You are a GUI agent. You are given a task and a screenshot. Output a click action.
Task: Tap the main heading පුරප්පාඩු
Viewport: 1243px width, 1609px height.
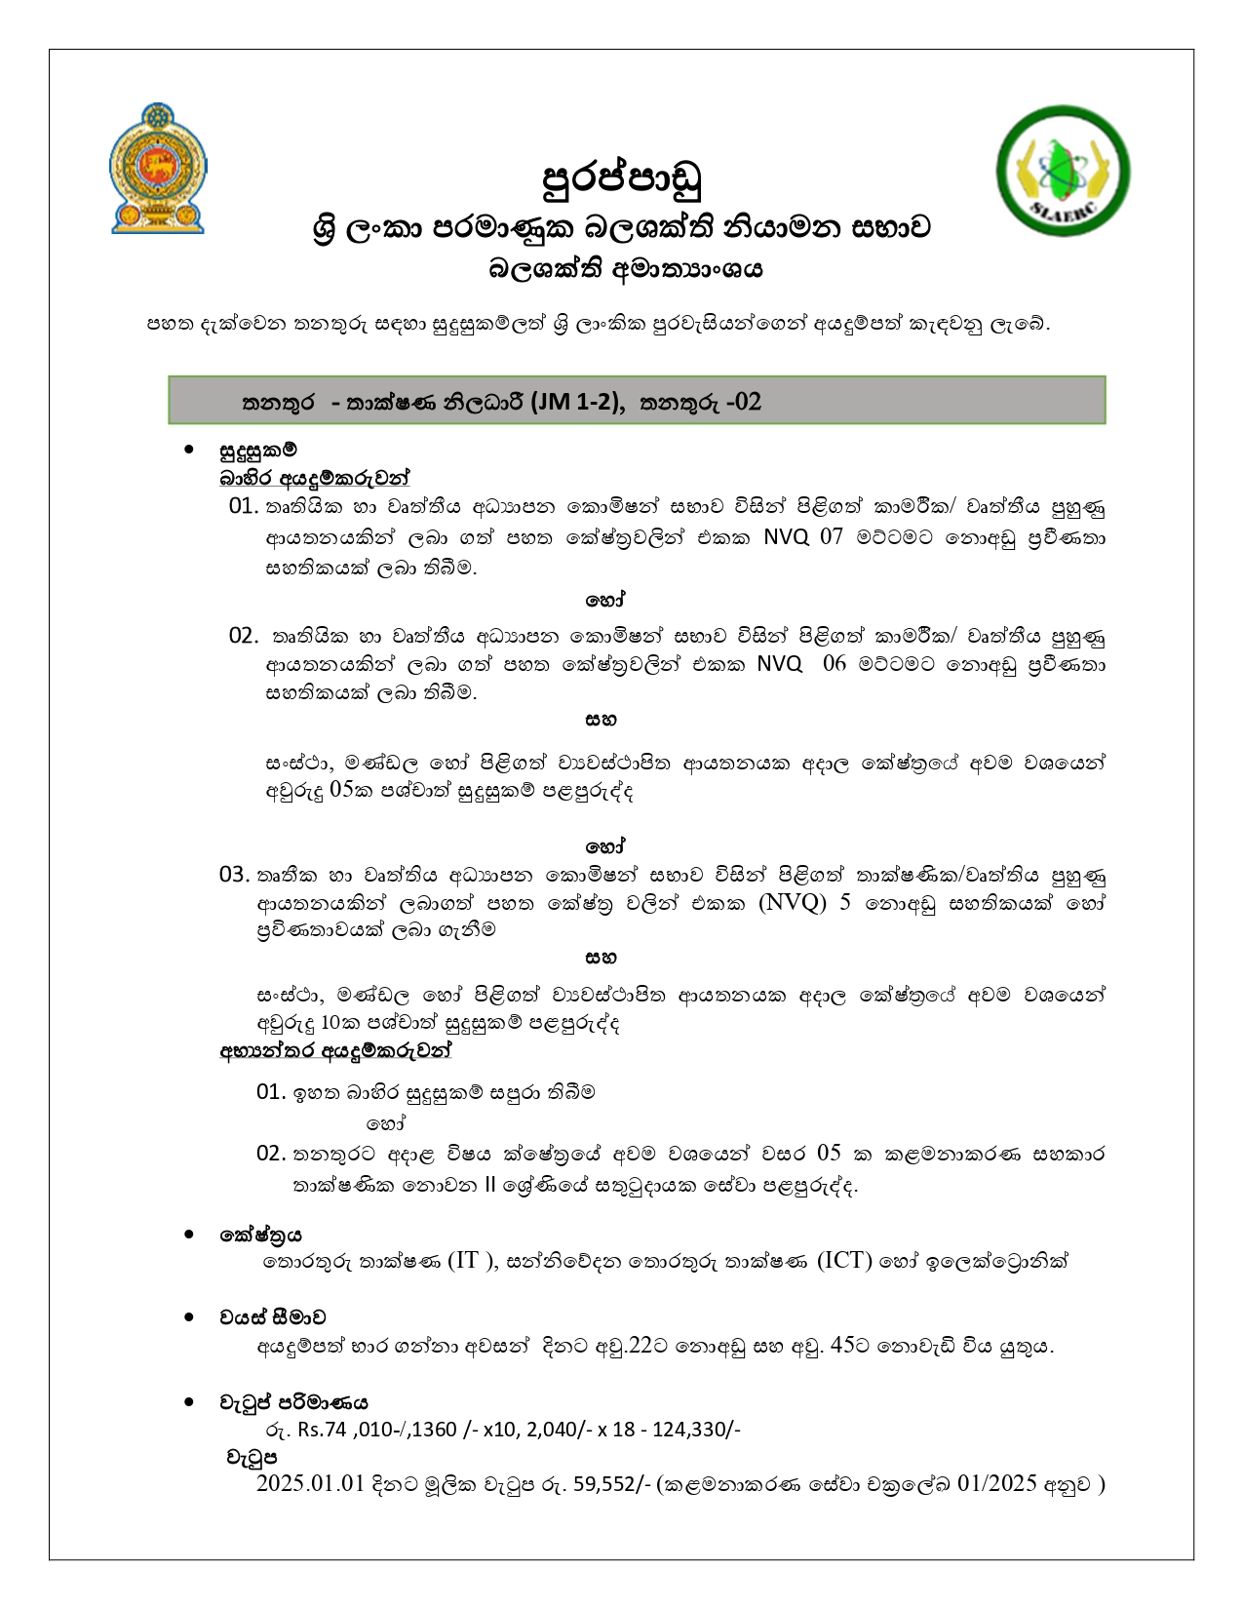point(621,178)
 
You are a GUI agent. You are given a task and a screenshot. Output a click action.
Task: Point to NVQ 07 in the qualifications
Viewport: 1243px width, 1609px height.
point(802,537)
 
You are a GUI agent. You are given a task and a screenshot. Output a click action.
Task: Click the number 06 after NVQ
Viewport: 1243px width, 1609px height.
point(835,664)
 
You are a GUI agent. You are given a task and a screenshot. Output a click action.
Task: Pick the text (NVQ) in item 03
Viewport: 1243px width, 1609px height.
point(792,902)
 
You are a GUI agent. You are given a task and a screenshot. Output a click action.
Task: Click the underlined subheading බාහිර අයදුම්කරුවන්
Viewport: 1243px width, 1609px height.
point(314,478)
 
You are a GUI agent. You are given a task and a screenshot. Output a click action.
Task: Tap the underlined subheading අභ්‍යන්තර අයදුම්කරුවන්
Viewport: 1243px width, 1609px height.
point(336,1051)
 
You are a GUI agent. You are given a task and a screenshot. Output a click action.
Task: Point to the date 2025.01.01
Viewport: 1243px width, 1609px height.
point(310,1484)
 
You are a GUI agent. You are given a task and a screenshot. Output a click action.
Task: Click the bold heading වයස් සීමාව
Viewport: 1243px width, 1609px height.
point(272,1317)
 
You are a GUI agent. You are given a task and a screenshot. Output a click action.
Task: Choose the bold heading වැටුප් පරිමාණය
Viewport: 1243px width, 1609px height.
point(293,1403)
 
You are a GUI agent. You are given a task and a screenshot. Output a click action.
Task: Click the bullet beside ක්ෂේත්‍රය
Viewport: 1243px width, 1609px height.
point(189,1235)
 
